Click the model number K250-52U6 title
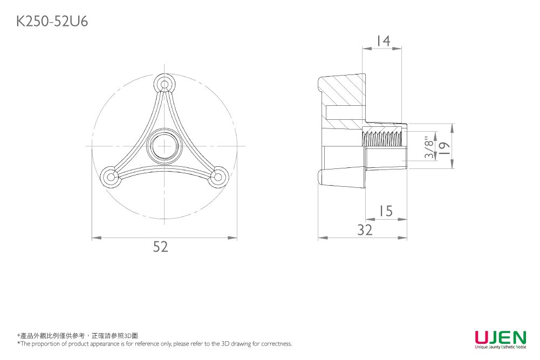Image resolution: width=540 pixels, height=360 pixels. [x=52, y=22]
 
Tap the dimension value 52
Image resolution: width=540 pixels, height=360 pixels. [x=160, y=247]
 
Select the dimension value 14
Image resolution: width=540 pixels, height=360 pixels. [x=384, y=40]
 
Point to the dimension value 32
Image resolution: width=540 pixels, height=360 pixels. [x=365, y=230]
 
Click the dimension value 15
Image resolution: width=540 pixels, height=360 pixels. [x=386, y=211]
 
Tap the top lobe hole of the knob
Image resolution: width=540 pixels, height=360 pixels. [x=165, y=84]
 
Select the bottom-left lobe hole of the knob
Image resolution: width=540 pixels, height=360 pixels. [x=111, y=177]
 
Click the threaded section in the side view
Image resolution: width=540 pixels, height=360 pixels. [x=383, y=138]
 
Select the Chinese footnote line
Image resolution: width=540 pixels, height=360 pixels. [x=78, y=336]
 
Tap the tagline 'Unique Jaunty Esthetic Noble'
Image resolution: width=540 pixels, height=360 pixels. [x=501, y=347]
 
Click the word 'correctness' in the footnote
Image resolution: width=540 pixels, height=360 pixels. [x=276, y=343]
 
